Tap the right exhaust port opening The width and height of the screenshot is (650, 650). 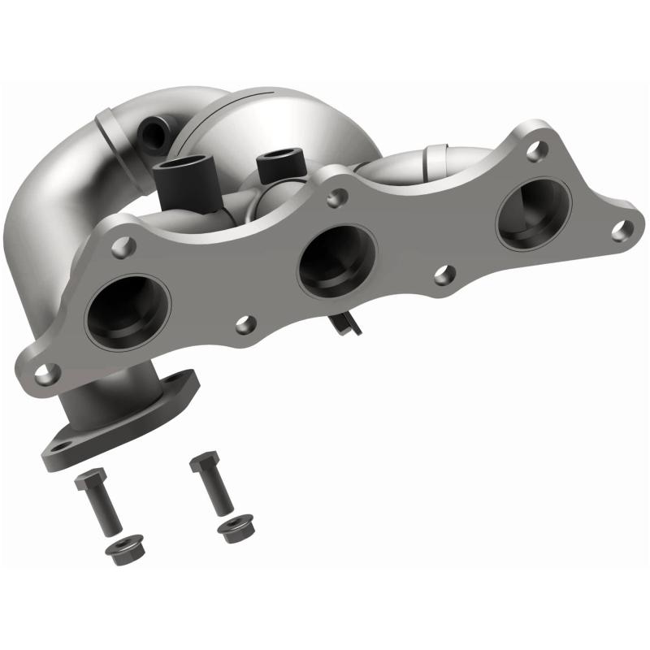tap(533, 213)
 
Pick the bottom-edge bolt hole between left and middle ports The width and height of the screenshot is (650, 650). tap(243, 325)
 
